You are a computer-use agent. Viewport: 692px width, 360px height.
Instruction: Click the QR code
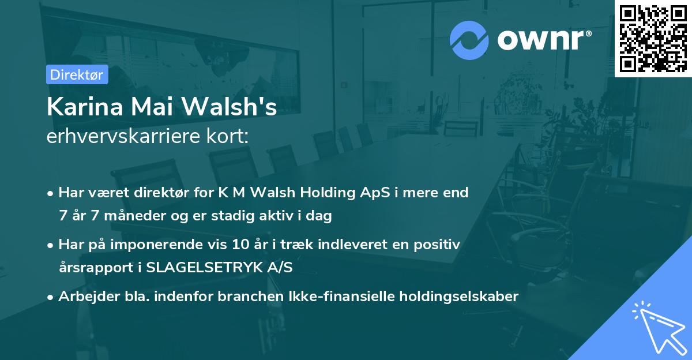653,38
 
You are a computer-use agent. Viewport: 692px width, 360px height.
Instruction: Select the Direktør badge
76,74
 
